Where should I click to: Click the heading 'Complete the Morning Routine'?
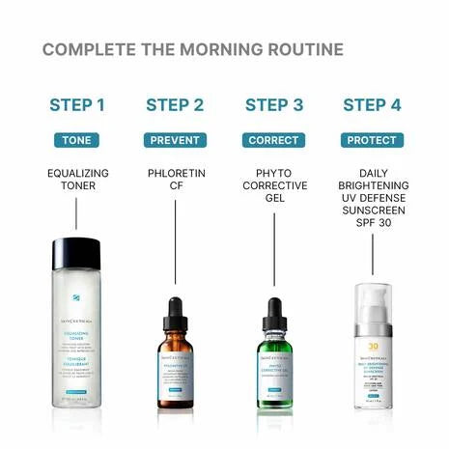pyautogui.click(x=192, y=49)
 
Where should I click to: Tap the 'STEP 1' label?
pyautogui.click(x=76, y=105)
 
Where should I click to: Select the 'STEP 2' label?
pyautogui.click(x=175, y=105)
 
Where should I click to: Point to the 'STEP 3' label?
pyautogui.click(x=274, y=105)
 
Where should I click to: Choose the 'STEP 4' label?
pyautogui.click(x=373, y=105)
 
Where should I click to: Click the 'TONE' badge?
pyautogui.click(x=76, y=140)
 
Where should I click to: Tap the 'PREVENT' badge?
pyautogui.click(x=175, y=140)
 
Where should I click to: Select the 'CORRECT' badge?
pyautogui.click(x=274, y=140)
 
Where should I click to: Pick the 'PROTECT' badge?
pyautogui.click(x=373, y=140)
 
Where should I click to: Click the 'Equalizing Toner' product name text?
pyautogui.click(x=76, y=179)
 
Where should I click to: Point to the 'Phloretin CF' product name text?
pyautogui.click(x=175, y=179)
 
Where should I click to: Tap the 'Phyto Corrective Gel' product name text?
pyautogui.click(x=274, y=184)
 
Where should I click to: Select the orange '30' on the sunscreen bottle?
pyautogui.click(x=372, y=345)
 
